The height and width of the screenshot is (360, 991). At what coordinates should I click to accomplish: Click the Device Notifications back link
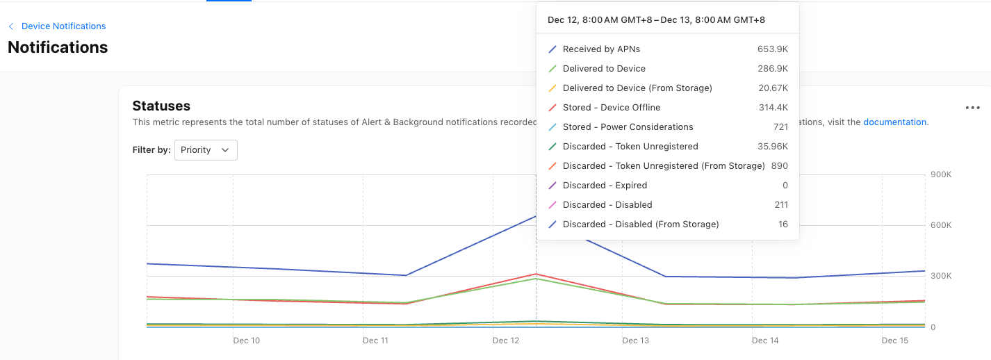coord(63,26)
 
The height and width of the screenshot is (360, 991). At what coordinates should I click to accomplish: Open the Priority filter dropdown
coord(206,150)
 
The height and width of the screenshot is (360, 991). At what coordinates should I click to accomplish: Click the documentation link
coord(894,122)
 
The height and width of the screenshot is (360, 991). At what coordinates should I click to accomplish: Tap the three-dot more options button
coord(972,108)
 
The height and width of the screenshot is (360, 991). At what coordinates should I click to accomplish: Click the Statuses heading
coord(161,106)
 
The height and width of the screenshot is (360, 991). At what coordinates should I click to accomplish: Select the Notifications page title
coord(58,47)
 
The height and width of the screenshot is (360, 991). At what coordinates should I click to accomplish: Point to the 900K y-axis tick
coord(941,174)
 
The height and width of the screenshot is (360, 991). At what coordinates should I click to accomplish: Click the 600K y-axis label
coord(941,225)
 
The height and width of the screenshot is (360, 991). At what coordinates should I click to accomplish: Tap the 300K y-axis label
coord(941,276)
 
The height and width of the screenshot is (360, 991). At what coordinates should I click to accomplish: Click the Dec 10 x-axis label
coord(246,341)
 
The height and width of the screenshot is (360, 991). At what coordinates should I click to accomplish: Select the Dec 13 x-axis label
coord(635,341)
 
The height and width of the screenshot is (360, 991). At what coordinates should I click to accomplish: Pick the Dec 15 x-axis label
coord(894,341)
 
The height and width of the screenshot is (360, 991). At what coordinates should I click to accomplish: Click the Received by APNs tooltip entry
coord(601,49)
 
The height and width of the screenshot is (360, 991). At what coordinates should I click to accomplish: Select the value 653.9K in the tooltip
coord(773,49)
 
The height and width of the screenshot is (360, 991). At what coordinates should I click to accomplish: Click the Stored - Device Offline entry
coord(612,108)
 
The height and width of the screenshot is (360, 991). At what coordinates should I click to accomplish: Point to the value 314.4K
coord(773,108)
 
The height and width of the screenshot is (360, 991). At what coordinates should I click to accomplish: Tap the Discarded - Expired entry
coord(605,186)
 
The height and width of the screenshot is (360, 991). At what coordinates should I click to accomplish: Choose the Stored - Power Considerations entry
coord(628,127)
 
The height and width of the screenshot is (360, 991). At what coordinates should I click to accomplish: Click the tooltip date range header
coord(656,20)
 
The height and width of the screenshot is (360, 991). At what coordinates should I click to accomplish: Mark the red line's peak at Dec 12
coord(536,274)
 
